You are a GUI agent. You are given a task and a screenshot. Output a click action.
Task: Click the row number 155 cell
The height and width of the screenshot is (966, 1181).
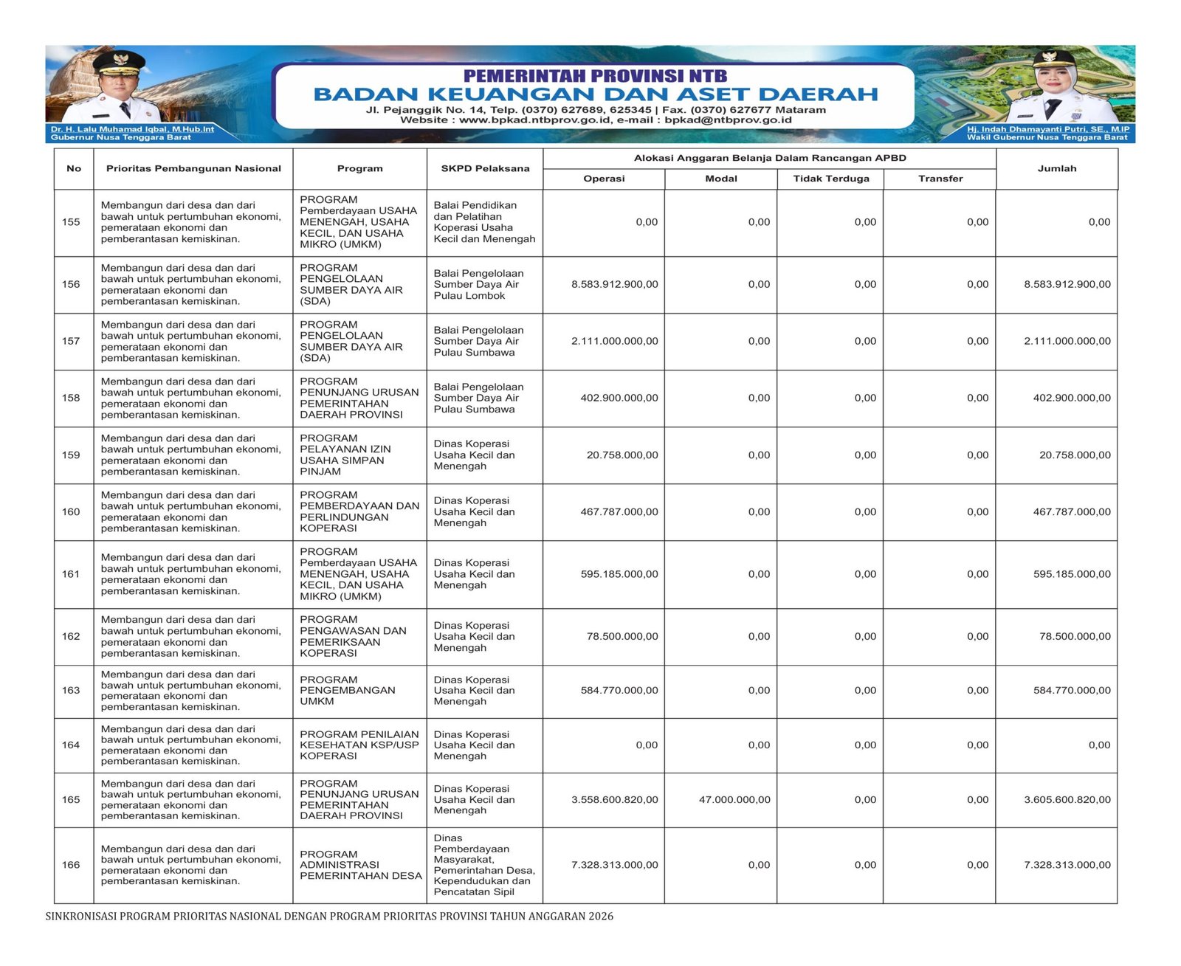(71, 222)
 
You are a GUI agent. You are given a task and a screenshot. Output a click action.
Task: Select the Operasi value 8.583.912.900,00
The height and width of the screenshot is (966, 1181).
(614, 284)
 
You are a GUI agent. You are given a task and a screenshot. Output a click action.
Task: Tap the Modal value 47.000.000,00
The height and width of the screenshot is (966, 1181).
(734, 799)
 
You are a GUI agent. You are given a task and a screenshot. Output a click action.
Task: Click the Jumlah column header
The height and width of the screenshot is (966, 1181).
(1056, 168)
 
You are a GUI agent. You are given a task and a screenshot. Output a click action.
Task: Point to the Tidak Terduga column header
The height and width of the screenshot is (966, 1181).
(830, 179)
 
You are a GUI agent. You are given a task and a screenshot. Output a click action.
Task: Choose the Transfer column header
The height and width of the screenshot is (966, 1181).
(940, 179)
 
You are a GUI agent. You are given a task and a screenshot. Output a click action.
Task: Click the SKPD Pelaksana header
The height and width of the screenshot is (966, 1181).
(485, 168)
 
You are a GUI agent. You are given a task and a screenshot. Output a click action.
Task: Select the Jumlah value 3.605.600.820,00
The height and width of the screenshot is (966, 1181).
(1067, 799)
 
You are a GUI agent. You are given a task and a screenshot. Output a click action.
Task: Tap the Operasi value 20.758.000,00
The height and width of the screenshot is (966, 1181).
(622, 455)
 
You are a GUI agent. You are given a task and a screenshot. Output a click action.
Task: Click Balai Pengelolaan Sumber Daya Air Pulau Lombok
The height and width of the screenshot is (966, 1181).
(478, 284)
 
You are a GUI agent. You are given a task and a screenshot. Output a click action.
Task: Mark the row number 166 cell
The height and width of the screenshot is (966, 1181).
(71, 865)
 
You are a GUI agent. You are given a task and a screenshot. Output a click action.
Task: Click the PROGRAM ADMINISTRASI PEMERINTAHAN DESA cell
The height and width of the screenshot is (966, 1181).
(360, 865)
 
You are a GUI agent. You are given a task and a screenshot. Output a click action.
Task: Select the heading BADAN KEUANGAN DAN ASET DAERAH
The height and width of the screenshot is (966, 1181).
(595, 94)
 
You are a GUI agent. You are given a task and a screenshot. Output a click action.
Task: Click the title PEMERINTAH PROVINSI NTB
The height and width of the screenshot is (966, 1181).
(595, 76)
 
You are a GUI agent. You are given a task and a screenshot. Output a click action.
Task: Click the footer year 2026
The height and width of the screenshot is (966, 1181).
(601, 917)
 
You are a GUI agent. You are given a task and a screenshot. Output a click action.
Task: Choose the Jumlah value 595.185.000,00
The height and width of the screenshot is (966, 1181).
(1071, 574)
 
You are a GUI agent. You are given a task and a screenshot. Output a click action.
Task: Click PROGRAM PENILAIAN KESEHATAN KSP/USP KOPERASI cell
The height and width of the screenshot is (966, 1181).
(359, 745)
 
